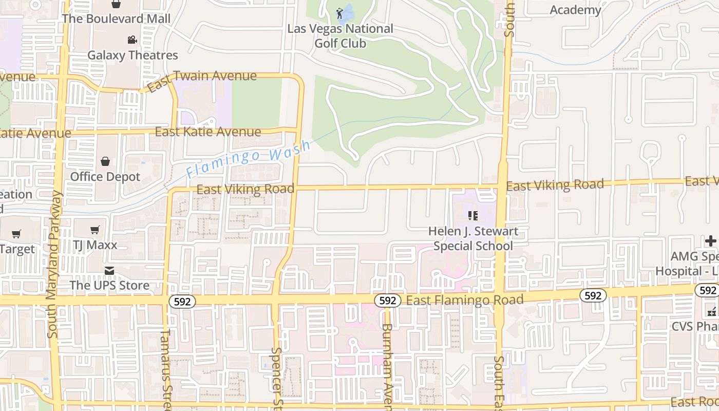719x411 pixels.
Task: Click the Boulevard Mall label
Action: click(116, 18)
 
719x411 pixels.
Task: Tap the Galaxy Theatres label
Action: click(133, 55)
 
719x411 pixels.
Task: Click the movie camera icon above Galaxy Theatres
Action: click(132, 40)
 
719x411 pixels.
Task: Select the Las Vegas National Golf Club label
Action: click(340, 36)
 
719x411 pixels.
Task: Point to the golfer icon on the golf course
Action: click(339, 13)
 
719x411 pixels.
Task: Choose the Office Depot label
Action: click(105, 177)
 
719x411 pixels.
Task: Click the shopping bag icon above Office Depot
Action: click(105, 162)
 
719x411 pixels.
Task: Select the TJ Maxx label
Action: click(95, 245)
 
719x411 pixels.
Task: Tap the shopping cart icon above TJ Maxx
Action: click(94, 230)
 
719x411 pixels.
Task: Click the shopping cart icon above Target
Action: click(16, 234)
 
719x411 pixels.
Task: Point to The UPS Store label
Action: click(109, 285)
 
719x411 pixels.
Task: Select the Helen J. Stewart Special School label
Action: click(474, 238)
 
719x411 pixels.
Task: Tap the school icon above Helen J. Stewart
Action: click(473, 216)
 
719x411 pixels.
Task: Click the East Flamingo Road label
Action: click(465, 300)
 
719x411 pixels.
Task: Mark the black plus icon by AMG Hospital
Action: click(710, 241)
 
